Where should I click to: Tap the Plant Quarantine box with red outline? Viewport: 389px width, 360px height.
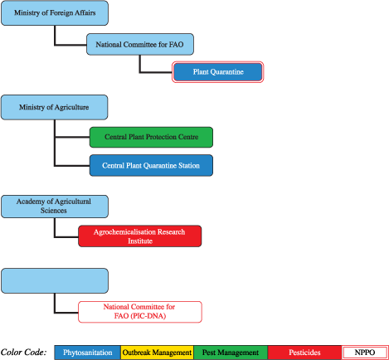pyautogui.click(x=217, y=73)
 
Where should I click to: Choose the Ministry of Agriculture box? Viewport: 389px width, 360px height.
pyautogui.click(x=54, y=106)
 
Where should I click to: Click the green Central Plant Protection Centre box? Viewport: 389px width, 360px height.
pyautogui.click(x=150, y=137)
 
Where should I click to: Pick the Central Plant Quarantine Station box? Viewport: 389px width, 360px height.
pyautogui.click(x=150, y=165)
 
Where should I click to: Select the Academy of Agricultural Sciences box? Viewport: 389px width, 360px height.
pyautogui.click(x=54, y=206)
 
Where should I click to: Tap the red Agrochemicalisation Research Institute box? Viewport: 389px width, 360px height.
pyautogui.click(x=139, y=236)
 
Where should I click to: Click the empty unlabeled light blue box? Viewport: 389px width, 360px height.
pyautogui.click(x=54, y=280)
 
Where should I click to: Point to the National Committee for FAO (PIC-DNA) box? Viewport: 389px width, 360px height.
pyautogui.click(x=139, y=312)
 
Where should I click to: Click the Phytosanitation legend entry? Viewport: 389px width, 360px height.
pyautogui.click(x=88, y=353)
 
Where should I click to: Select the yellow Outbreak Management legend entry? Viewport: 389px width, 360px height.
pyautogui.click(x=157, y=353)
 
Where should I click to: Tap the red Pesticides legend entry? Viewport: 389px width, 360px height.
pyautogui.click(x=304, y=353)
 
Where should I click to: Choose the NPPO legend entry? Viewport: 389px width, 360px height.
pyautogui.click(x=364, y=353)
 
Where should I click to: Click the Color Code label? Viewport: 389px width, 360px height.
pyautogui.click(x=24, y=353)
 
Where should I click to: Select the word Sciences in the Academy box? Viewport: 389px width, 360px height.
pyautogui.click(x=30, y=211)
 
